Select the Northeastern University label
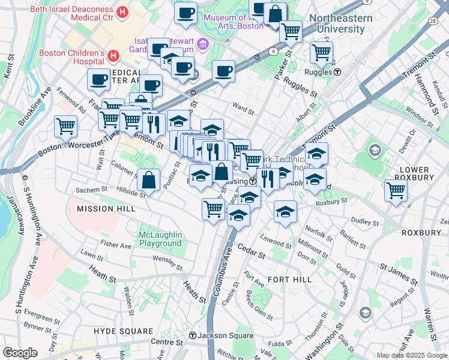(x=340, y=23)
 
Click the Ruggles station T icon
(x=337, y=72)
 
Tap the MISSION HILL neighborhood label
(x=103, y=209)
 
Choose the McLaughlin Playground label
(x=160, y=239)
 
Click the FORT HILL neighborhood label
(x=289, y=280)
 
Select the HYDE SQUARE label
(x=124, y=331)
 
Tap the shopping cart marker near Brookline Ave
(x=66, y=126)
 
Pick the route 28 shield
(x=432, y=21)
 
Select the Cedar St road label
(x=251, y=251)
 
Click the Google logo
(x=20, y=353)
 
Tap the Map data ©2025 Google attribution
(x=411, y=355)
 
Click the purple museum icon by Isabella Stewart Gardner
(x=202, y=43)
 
